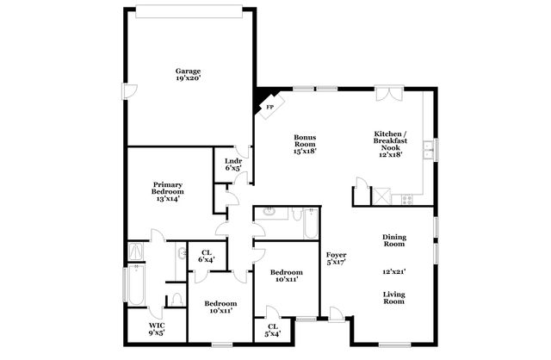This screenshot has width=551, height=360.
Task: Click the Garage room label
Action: [x=188, y=71]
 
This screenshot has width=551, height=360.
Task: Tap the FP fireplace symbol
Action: [x=269, y=107]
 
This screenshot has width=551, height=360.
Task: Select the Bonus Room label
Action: [x=305, y=141]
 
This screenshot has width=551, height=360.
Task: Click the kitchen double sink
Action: [x=428, y=152]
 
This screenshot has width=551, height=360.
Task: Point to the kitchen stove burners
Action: [x=407, y=200]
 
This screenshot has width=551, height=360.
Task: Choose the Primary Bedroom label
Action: [x=168, y=189]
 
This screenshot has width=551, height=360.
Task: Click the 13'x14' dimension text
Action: [x=168, y=199]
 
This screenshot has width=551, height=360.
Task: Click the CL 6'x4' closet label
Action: [x=207, y=256]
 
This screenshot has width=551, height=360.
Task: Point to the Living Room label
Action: [x=393, y=297]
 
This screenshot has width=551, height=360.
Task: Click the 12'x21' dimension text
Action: [x=393, y=270]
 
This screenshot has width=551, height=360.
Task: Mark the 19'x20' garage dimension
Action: [x=188, y=79]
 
